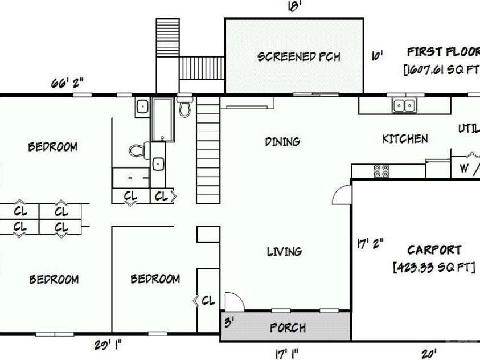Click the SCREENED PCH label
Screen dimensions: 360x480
(x=298, y=56)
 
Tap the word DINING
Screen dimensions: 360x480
(x=282, y=142)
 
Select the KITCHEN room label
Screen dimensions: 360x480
(x=405, y=139)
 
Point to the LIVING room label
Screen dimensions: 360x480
(x=284, y=251)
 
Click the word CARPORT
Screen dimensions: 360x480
(x=434, y=250)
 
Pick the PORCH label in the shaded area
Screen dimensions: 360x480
(x=288, y=328)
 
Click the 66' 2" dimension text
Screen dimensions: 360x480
(x=67, y=83)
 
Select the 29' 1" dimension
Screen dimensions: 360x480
(x=107, y=345)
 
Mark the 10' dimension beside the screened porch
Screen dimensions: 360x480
(x=376, y=56)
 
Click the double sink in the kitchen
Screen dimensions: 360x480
(x=404, y=105)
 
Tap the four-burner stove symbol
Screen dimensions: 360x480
(x=380, y=170)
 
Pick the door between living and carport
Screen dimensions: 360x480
(x=342, y=194)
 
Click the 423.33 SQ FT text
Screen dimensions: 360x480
(x=434, y=267)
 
